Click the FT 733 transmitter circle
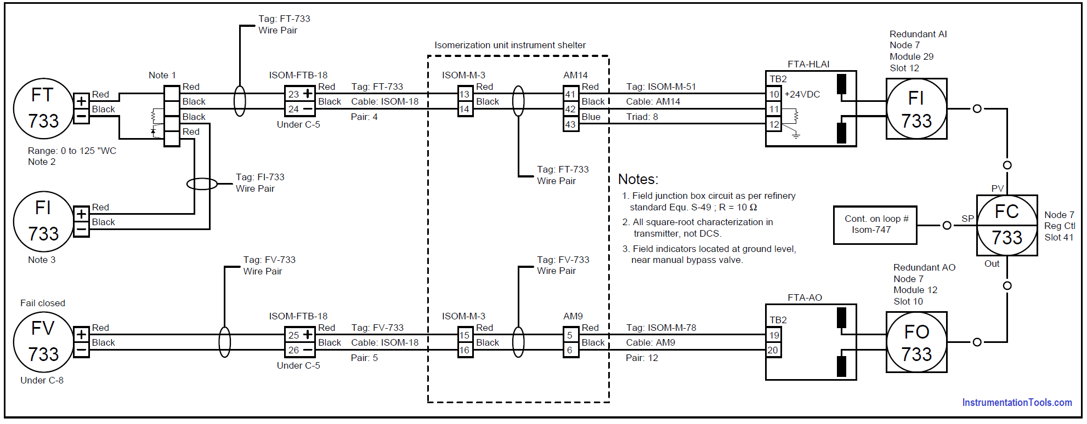click(x=43, y=108)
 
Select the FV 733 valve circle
click(x=43, y=342)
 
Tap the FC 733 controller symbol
click(x=1006, y=225)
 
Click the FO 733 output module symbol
click(x=916, y=342)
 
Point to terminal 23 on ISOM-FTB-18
click(x=293, y=94)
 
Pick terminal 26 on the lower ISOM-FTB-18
click(x=293, y=350)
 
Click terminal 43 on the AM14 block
click(x=570, y=124)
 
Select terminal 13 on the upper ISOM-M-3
click(x=465, y=94)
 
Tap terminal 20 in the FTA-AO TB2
click(x=773, y=350)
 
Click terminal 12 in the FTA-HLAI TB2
click(x=774, y=124)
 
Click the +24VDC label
click(x=802, y=94)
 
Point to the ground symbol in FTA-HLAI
click(x=796, y=134)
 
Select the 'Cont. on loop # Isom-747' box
click(x=875, y=225)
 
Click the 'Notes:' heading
click(x=638, y=179)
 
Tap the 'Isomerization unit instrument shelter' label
click(x=510, y=45)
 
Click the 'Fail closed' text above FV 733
click(x=43, y=303)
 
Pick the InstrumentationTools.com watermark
click(x=1017, y=403)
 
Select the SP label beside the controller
click(x=967, y=219)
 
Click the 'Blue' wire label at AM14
click(x=591, y=117)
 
